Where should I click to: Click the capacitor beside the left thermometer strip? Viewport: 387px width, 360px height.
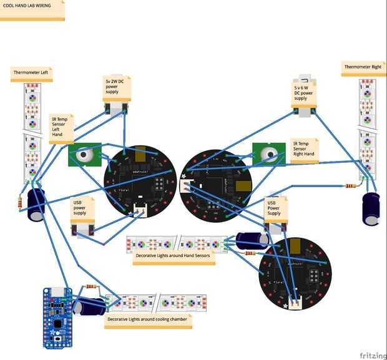[36, 205]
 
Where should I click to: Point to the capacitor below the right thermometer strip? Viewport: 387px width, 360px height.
[371, 208]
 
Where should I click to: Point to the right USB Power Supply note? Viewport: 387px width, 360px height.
[275, 208]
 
